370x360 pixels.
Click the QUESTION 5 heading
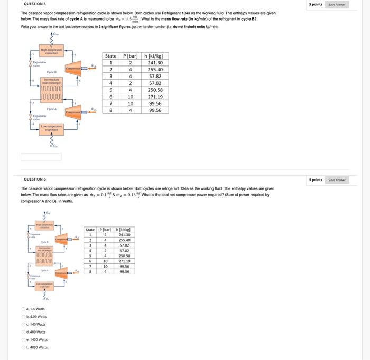(34, 4)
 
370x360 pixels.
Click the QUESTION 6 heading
(34, 179)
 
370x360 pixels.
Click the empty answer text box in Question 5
(41, 157)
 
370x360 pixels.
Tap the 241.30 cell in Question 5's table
(155, 63)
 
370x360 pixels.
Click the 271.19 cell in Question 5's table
(155, 97)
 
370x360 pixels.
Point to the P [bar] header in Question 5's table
(130, 56)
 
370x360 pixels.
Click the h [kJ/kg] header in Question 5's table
(155, 56)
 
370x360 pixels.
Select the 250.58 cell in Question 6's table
(124, 255)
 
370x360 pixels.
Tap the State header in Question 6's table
(90, 230)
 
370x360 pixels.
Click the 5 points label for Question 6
(316, 179)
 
